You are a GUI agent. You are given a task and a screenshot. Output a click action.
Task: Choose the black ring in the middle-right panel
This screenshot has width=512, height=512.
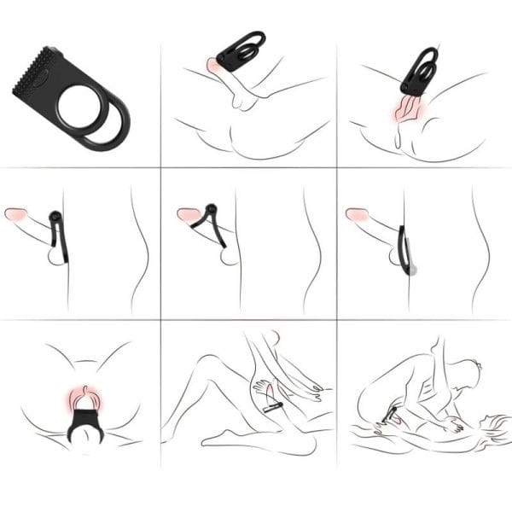(404, 247)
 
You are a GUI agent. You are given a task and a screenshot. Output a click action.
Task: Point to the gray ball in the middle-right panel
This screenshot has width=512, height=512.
(412, 270)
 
